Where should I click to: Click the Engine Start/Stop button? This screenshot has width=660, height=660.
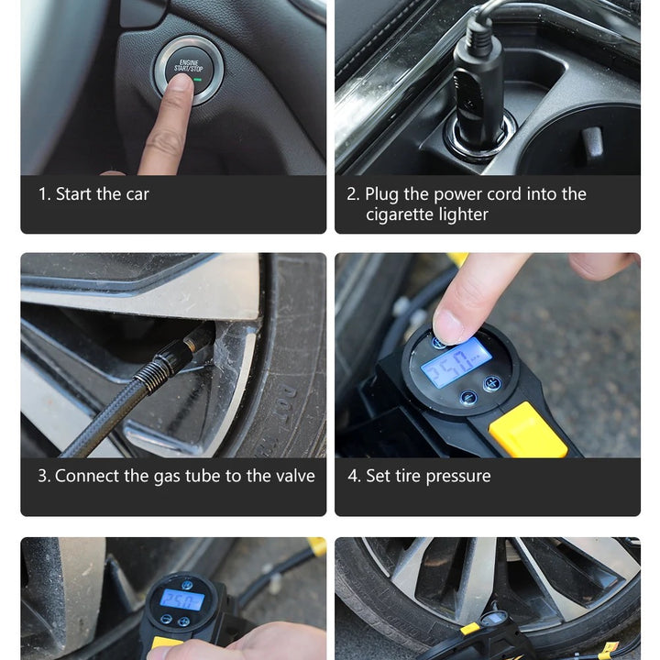pyautogui.click(x=189, y=70)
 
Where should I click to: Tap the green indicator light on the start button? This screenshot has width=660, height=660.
pyautogui.click(x=197, y=80)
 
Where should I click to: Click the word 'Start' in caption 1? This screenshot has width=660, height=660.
pyautogui.click(x=73, y=194)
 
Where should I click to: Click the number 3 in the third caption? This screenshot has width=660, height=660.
pyautogui.click(x=43, y=476)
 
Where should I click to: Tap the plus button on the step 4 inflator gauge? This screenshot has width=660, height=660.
pyautogui.click(x=491, y=383)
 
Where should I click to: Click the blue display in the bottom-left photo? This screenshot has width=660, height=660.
pyautogui.click(x=181, y=599)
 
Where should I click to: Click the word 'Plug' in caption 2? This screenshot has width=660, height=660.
pyautogui.click(x=381, y=195)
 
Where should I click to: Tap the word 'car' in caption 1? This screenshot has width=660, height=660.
pyautogui.click(x=137, y=195)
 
